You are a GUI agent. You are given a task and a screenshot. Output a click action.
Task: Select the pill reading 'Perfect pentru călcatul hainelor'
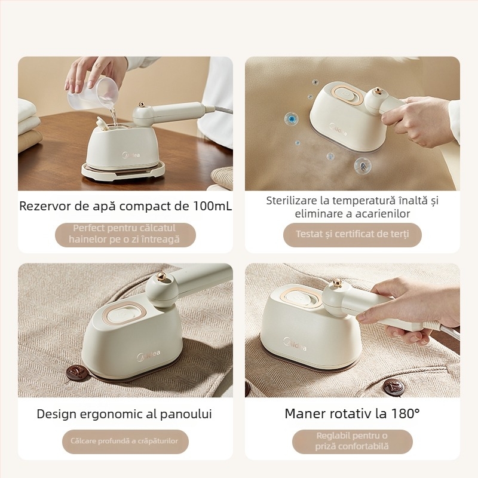[125, 234]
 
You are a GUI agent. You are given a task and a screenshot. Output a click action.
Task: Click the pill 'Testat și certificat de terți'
[353, 234]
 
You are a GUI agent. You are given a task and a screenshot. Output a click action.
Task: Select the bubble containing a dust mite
[363, 166]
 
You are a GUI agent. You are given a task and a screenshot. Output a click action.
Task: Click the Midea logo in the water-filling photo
[131, 155]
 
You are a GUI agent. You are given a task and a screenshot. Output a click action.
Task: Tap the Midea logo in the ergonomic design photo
[148, 356]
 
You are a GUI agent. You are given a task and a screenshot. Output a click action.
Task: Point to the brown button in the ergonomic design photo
[77, 372]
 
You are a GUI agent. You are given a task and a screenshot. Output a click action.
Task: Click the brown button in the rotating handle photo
[394, 388]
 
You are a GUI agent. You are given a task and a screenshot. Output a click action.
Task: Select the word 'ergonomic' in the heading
[118, 414]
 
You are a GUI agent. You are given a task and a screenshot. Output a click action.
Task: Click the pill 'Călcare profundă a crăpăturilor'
[125, 441]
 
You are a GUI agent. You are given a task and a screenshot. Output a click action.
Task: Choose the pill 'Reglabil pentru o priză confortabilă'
[353, 441]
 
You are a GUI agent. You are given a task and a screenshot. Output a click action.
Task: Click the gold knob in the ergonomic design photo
[161, 276]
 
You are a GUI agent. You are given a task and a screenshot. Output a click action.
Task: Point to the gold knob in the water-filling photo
[142, 104]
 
